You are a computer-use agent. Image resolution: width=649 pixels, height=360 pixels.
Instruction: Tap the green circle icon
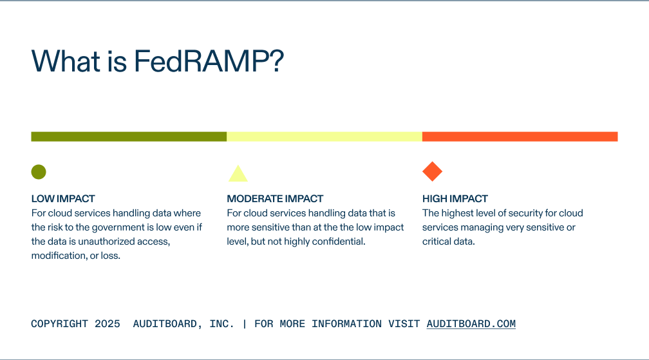[x=39, y=172]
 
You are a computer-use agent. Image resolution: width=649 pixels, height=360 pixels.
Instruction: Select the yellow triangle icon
[x=238, y=174]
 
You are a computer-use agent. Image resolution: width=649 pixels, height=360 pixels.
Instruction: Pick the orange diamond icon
[x=432, y=172]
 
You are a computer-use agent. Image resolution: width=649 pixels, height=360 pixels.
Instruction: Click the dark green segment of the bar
[x=129, y=137]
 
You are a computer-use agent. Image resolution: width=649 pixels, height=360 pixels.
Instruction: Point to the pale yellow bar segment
[x=324, y=137]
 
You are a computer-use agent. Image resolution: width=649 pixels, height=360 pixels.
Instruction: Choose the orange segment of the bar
[x=520, y=137]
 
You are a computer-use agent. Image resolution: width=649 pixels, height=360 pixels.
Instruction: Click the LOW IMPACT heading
[x=63, y=199]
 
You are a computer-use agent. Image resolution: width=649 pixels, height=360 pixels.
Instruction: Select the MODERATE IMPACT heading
[x=275, y=199]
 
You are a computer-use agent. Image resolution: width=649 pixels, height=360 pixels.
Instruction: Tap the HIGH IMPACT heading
[x=455, y=199]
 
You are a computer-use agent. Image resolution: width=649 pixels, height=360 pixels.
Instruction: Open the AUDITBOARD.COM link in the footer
[x=471, y=324]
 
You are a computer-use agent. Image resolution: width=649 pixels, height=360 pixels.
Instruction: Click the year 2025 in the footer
[x=107, y=324]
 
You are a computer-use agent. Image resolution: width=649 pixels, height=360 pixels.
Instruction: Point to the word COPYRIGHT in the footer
[x=59, y=324]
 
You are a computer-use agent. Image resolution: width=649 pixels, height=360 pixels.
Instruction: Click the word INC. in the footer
[x=222, y=324]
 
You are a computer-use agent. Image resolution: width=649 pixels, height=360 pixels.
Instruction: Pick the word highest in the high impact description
[x=458, y=213]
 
